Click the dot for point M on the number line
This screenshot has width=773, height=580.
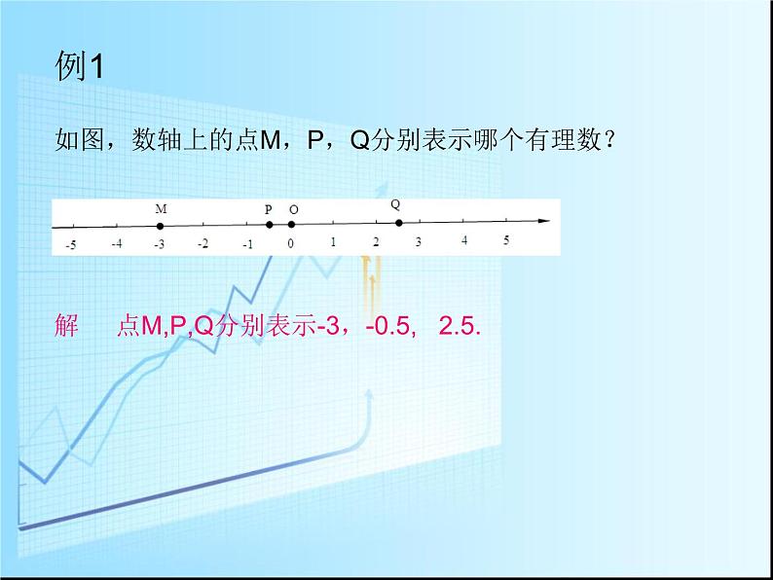[160, 226]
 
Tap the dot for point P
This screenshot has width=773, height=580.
[270, 225]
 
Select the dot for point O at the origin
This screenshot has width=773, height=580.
[291, 225]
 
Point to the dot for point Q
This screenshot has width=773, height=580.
[398, 223]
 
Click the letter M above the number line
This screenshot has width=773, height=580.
[161, 208]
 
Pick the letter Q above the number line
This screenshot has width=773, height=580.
[395, 204]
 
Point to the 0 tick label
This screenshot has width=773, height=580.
[290, 243]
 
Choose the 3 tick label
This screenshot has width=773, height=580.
[419, 241]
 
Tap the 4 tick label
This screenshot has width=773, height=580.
[463, 240]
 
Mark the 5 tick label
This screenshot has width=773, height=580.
[506, 240]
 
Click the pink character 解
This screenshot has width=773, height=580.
[67, 327]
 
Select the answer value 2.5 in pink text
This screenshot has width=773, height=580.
[460, 327]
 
